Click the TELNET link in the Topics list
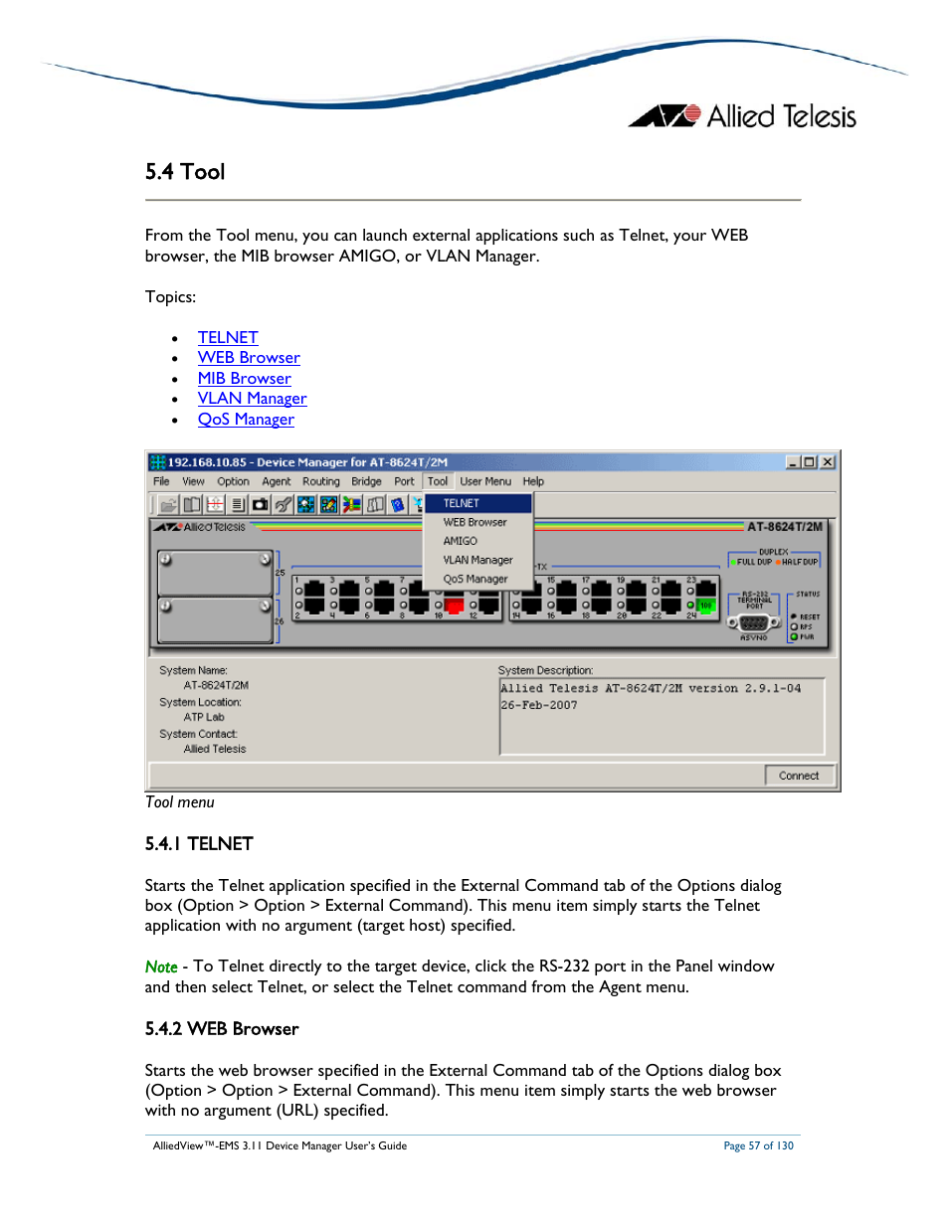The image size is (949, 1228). (x=228, y=338)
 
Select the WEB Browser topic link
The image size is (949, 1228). (x=249, y=358)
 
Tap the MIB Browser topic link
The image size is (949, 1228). (x=244, y=379)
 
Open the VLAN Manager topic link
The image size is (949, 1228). (x=252, y=399)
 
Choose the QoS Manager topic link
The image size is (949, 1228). (x=246, y=420)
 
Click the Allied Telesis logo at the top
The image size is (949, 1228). (x=742, y=116)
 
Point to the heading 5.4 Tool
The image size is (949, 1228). (x=185, y=172)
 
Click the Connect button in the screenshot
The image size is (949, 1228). (x=799, y=776)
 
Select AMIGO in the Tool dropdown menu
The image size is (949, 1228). (x=460, y=541)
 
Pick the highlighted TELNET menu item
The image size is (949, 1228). (x=462, y=503)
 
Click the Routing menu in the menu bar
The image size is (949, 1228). (x=320, y=481)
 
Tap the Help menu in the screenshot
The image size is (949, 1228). (x=533, y=481)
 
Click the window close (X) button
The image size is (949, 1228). (x=827, y=462)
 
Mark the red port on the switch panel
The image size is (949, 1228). (x=454, y=606)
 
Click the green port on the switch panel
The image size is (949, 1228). (x=705, y=606)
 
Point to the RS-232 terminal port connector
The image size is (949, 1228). (x=753, y=623)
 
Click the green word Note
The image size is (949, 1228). (x=161, y=966)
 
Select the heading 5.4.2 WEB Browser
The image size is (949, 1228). (x=222, y=1029)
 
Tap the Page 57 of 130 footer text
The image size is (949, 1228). (x=758, y=1146)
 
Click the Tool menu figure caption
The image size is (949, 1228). (x=180, y=802)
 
